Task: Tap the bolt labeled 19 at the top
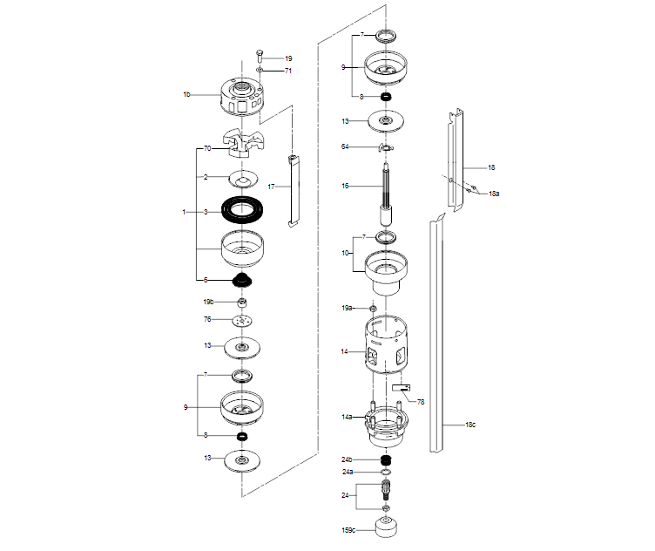click(260, 56)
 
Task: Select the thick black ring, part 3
click(242, 210)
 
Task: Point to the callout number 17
click(272, 187)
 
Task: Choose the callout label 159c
click(348, 528)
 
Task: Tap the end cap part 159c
click(386, 529)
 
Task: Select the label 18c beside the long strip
click(469, 424)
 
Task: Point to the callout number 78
click(421, 401)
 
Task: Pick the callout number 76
click(207, 319)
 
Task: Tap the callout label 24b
click(347, 459)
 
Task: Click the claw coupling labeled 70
click(241, 142)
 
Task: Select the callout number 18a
click(494, 193)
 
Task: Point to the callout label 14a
click(347, 418)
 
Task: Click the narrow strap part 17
click(294, 190)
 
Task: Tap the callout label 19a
click(347, 308)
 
